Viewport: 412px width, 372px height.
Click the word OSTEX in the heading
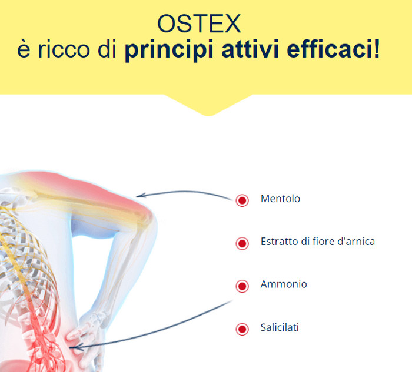point(199,24)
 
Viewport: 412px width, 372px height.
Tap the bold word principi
point(169,50)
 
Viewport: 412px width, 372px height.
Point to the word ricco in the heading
point(64,49)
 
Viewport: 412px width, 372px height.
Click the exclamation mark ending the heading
point(377,49)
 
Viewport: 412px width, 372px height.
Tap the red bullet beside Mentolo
point(242,200)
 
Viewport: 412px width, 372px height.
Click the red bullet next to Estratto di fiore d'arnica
point(242,243)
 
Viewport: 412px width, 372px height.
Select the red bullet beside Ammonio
point(242,286)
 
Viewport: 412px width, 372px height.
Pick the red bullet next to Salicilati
point(242,329)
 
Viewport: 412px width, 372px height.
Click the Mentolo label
point(280,199)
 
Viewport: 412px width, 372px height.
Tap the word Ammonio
point(284,284)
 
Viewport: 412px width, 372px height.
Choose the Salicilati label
point(280,327)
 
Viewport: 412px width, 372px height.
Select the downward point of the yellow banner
point(209,115)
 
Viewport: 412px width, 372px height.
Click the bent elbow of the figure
point(148,223)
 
